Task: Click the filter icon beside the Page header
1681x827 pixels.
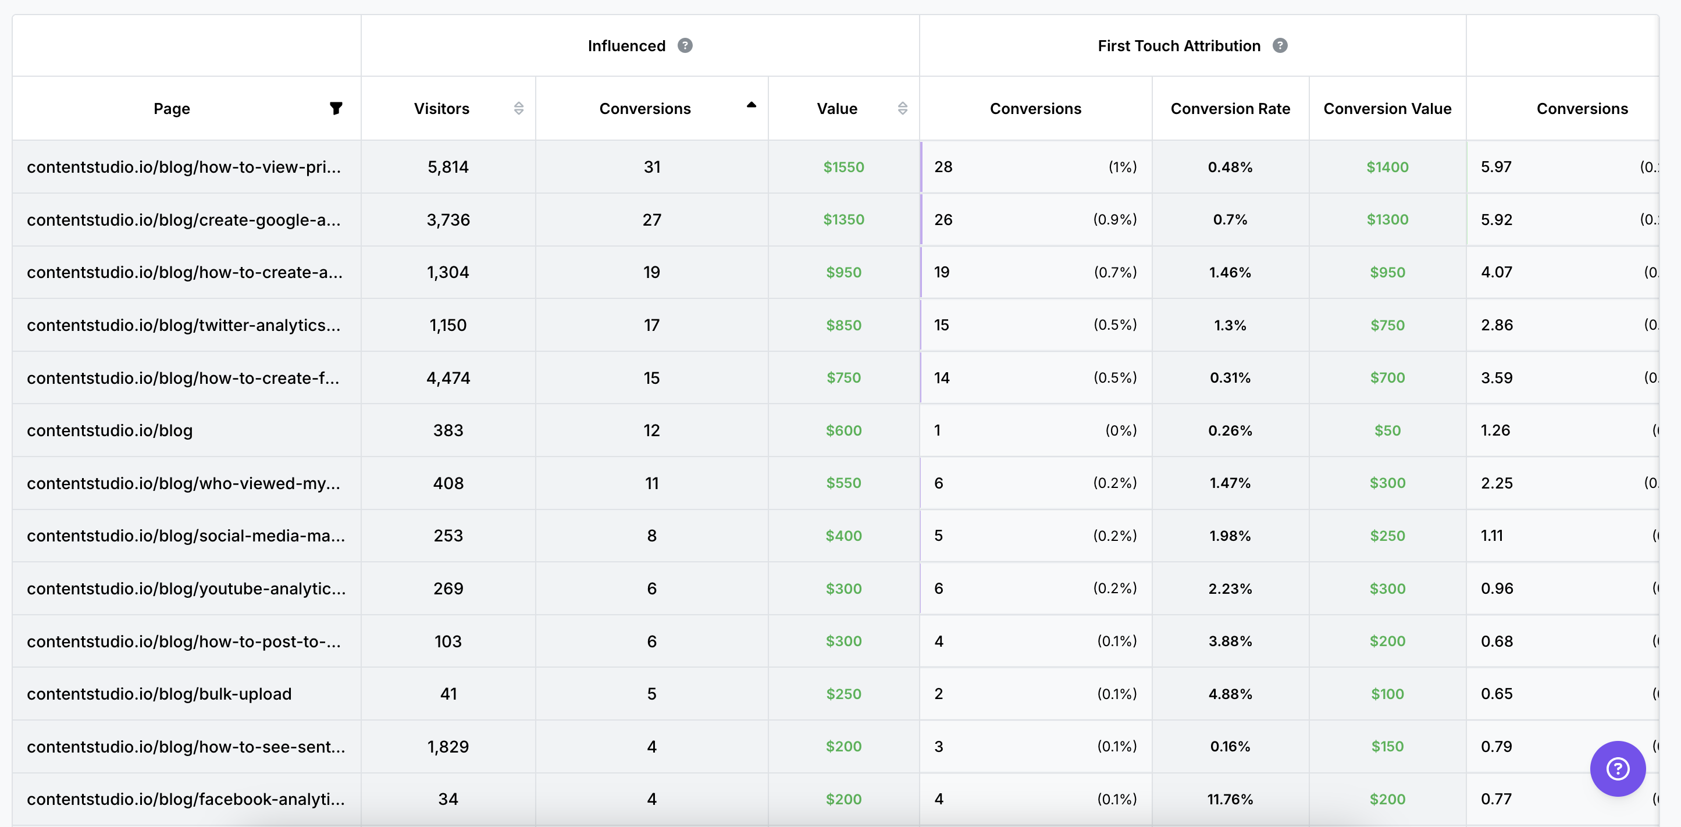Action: click(336, 108)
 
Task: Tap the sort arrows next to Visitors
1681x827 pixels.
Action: click(519, 108)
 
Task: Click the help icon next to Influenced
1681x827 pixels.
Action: click(685, 46)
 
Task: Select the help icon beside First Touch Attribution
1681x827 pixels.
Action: click(1280, 46)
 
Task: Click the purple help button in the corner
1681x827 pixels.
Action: click(1617, 768)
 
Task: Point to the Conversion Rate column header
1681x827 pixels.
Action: click(1230, 108)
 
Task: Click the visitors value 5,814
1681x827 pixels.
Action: click(448, 167)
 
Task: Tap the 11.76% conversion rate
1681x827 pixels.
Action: click(1230, 799)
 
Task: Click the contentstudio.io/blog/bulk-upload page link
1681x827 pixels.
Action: click(159, 694)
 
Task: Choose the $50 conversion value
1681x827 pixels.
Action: click(1387, 431)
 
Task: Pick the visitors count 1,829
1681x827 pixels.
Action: click(448, 747)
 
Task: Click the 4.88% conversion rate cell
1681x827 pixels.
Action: click(1230, 694)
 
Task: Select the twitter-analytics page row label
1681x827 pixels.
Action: click(183, 325)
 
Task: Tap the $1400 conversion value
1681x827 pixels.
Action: click(1387, 167)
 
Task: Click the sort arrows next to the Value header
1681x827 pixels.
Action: click(903, 108)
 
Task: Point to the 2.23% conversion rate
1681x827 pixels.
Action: click(1230, 589)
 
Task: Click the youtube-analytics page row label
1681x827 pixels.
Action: click(186, 589)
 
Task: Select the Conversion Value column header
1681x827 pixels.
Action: click(1387, 108)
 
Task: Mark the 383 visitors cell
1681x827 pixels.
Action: click(448, 431)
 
